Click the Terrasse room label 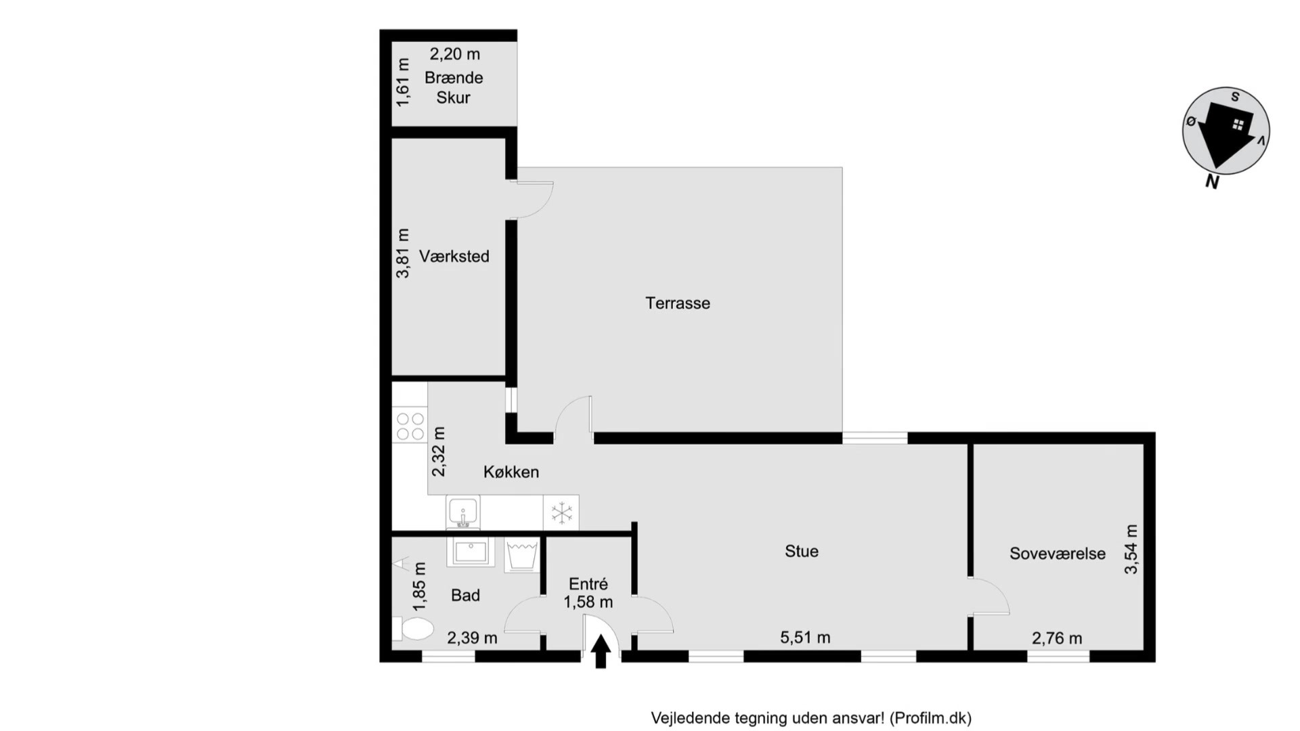[x=678, y=303]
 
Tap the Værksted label [x=454, y=257]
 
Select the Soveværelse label [x=1058, y=554]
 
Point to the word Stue [x=802, y=552]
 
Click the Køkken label [x=511, y=472]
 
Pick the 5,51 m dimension [x=805, y=638]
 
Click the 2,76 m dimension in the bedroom [x=1057, y=638]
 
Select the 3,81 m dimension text [x=403, y=253]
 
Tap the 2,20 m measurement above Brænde [x=455, y=54]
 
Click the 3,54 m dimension [x=1131, y=549]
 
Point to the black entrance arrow [x=601, y=651]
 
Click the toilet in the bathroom [x=413, y=629]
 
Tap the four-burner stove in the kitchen [x=410, y=426]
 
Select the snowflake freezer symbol [x=561, y=513]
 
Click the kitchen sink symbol [x=463, y=512]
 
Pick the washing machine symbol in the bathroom [x=521, y=555]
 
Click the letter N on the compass [x=1212, y=181]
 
